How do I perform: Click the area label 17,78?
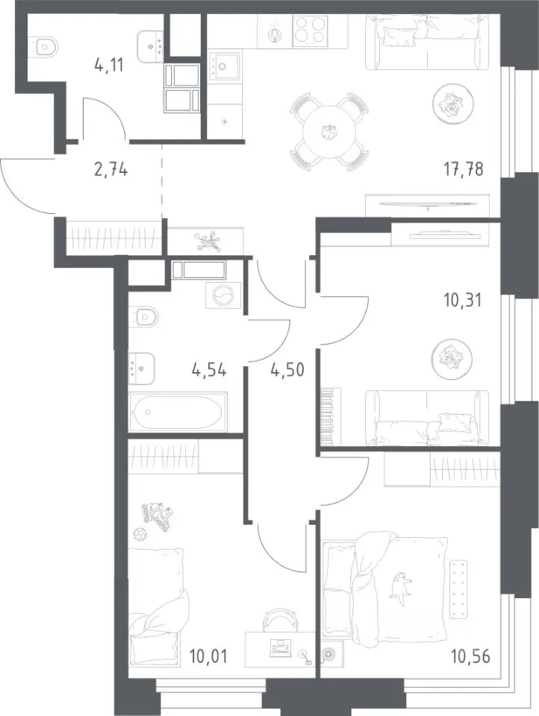tap(463, 169)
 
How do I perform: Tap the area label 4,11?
tap(109, 66)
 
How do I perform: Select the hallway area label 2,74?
tap(110, 170)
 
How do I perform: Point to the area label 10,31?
tap(462, 301)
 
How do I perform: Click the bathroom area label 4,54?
tap(209, 370)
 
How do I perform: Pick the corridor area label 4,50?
tap(287, 370)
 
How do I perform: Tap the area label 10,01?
tap(208, 656)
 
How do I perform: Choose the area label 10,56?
tap(470, 656)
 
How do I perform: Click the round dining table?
tap(329, 132)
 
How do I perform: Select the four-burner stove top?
tap(310, 31)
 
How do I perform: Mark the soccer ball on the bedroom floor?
tap(140, 533)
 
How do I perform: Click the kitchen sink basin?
tap(225, 66)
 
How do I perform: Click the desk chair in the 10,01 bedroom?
tap(280, 619)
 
